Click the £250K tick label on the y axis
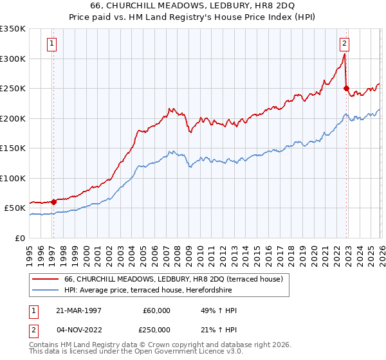tap(13, 89)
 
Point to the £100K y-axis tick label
tap(13, 178)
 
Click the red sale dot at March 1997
tap(54, 202)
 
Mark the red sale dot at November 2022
tap(346, 89)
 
